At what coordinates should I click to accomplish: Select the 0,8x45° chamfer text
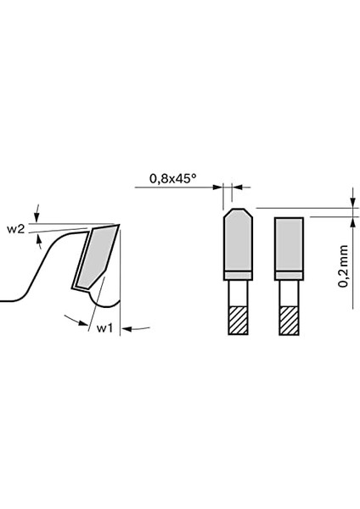tap(172, 179)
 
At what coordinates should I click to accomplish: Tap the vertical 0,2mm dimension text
tap(343, 266)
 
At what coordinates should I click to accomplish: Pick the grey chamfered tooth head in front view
tap(235, 241)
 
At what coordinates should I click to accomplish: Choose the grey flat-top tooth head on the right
tap(289, 243)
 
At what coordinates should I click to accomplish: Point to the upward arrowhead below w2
tap(38, 241)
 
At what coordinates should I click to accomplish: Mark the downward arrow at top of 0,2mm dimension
tap(352, 201)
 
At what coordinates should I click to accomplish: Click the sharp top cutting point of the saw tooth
tap(119, 225)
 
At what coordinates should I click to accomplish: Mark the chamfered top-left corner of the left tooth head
tap(227, 213)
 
